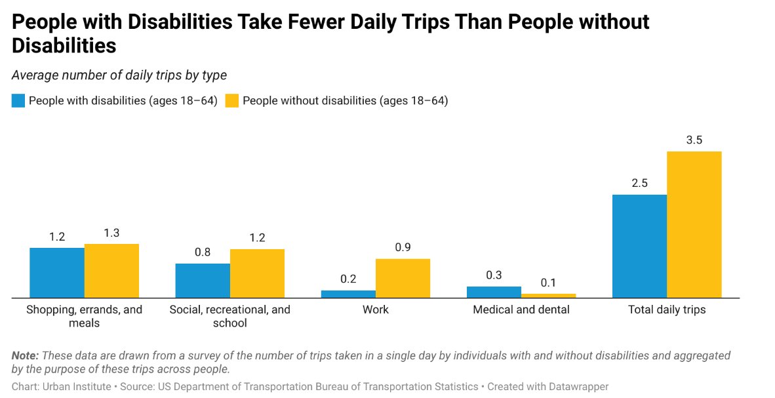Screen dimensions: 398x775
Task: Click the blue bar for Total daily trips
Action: [x=639, y=246]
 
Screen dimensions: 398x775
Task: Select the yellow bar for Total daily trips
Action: [x=694, y=224]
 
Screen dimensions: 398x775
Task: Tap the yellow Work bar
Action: [x=403, y=278]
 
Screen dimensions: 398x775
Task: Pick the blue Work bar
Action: [x=348, y=294]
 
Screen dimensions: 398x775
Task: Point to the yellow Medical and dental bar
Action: [x=548, y=296]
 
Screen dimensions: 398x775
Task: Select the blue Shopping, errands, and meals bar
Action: [x=57, y=273]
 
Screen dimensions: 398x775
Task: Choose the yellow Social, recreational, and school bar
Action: [x=257, y=273]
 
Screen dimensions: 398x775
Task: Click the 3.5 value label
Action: [x=694, y=140]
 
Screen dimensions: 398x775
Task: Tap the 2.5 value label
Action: [x=639, y=184]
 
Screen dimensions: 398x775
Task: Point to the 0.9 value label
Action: [x=403, y=248]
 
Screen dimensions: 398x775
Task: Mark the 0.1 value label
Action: [x=548, y=283]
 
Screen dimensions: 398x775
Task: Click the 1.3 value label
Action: [x=111, y=233]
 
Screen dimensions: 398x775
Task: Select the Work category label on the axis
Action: [x=376, y=309]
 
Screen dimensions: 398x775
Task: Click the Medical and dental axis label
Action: [x=521, y=309]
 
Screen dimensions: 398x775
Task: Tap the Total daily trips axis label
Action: [x=667, y=309]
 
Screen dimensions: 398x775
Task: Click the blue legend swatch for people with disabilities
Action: [x=18, y=101]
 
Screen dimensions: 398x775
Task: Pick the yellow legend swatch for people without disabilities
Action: [x=231, y=101]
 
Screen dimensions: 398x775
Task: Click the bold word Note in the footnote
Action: [x=25, y=355]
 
